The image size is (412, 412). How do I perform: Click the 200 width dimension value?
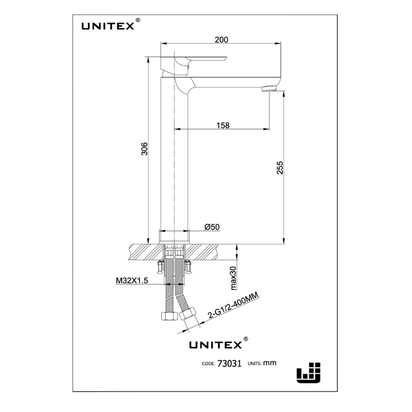click(x=221, y=40)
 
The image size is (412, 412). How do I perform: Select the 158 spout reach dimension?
click(x=223, y=125)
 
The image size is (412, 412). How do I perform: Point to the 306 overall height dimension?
click(x=145, y=149)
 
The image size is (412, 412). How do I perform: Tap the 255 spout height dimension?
click(x=280, y=168)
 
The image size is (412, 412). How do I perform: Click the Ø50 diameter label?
click(x=212, y=227)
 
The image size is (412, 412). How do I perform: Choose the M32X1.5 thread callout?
click(x=131, y=281)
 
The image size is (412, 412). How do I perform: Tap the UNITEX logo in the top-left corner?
click(x=107, y=26)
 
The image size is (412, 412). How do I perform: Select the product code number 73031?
click(x=229, y=364)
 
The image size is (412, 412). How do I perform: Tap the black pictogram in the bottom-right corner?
click(x=308, y=372)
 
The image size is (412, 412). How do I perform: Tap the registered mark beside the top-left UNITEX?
click(x=138, y=20)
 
